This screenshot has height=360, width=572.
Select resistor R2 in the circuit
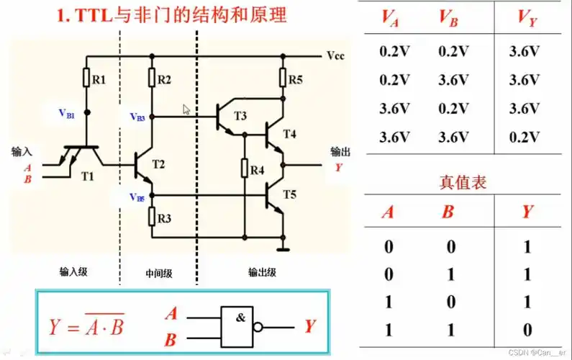(151, 78)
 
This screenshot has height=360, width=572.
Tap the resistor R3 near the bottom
(151, 216)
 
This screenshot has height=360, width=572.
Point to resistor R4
(245, 171)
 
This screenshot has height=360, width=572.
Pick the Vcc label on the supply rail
(336, 55)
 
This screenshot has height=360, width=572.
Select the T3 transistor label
(240, 116)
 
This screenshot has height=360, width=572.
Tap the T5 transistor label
(289, 194)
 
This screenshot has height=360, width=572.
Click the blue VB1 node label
(66, 113)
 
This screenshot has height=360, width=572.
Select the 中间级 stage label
(159, 274)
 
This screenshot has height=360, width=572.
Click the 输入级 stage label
(74, 272)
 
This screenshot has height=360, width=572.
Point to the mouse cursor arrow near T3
(187, 109)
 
